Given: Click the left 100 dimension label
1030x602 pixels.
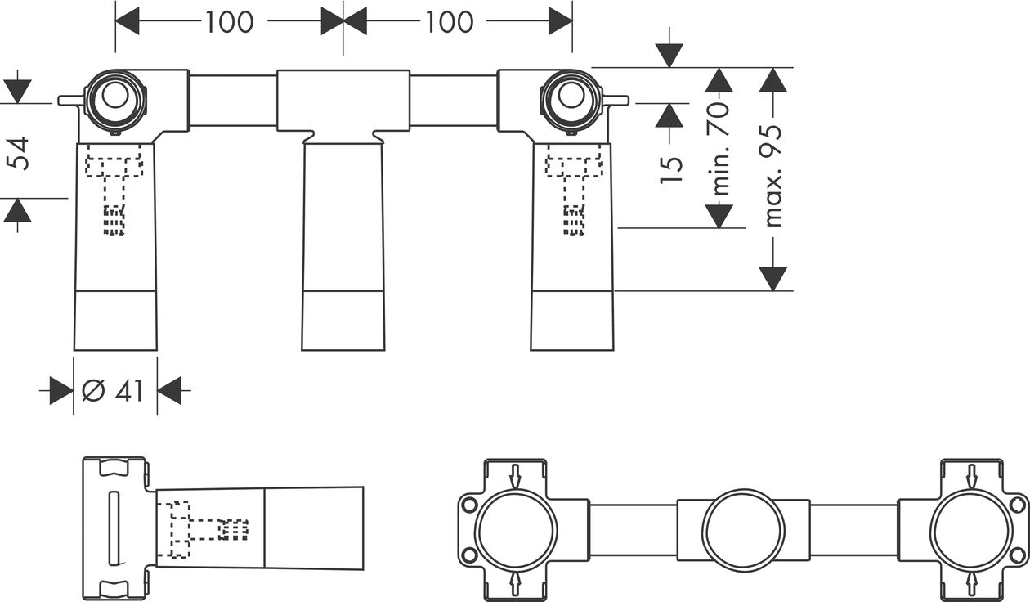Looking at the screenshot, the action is pos(229,21).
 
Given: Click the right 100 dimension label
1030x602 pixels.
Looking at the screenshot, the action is pos(449,21).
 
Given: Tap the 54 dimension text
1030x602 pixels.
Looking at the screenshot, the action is pos(18,153).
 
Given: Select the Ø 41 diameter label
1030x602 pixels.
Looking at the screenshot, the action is pos(113,391).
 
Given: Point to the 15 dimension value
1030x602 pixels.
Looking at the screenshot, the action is pos(671,171).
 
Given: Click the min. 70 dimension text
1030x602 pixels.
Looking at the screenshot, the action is pos(719,148).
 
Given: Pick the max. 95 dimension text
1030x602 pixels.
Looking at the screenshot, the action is pos(772,175).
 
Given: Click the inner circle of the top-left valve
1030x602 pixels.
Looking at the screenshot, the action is pos(115,96).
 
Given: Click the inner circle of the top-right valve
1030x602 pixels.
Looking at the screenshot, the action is pos(571,96).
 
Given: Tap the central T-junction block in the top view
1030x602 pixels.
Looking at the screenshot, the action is pos(343,101).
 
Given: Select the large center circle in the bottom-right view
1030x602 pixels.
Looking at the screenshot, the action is pos(744,530).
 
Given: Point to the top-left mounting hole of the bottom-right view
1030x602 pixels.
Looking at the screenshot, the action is pos(469,505).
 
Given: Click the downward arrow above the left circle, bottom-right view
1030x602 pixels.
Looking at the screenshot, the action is pos(515,477).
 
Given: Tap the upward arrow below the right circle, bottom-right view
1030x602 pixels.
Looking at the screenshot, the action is pos(972,584).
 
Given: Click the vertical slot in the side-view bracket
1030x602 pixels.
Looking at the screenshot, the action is pos(114,528).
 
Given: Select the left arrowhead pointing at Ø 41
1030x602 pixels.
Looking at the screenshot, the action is pos(61,391).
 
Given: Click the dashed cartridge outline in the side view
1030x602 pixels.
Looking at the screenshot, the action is pos(203,529).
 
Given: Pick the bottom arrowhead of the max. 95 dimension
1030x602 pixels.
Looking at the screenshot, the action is pos(773,279).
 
